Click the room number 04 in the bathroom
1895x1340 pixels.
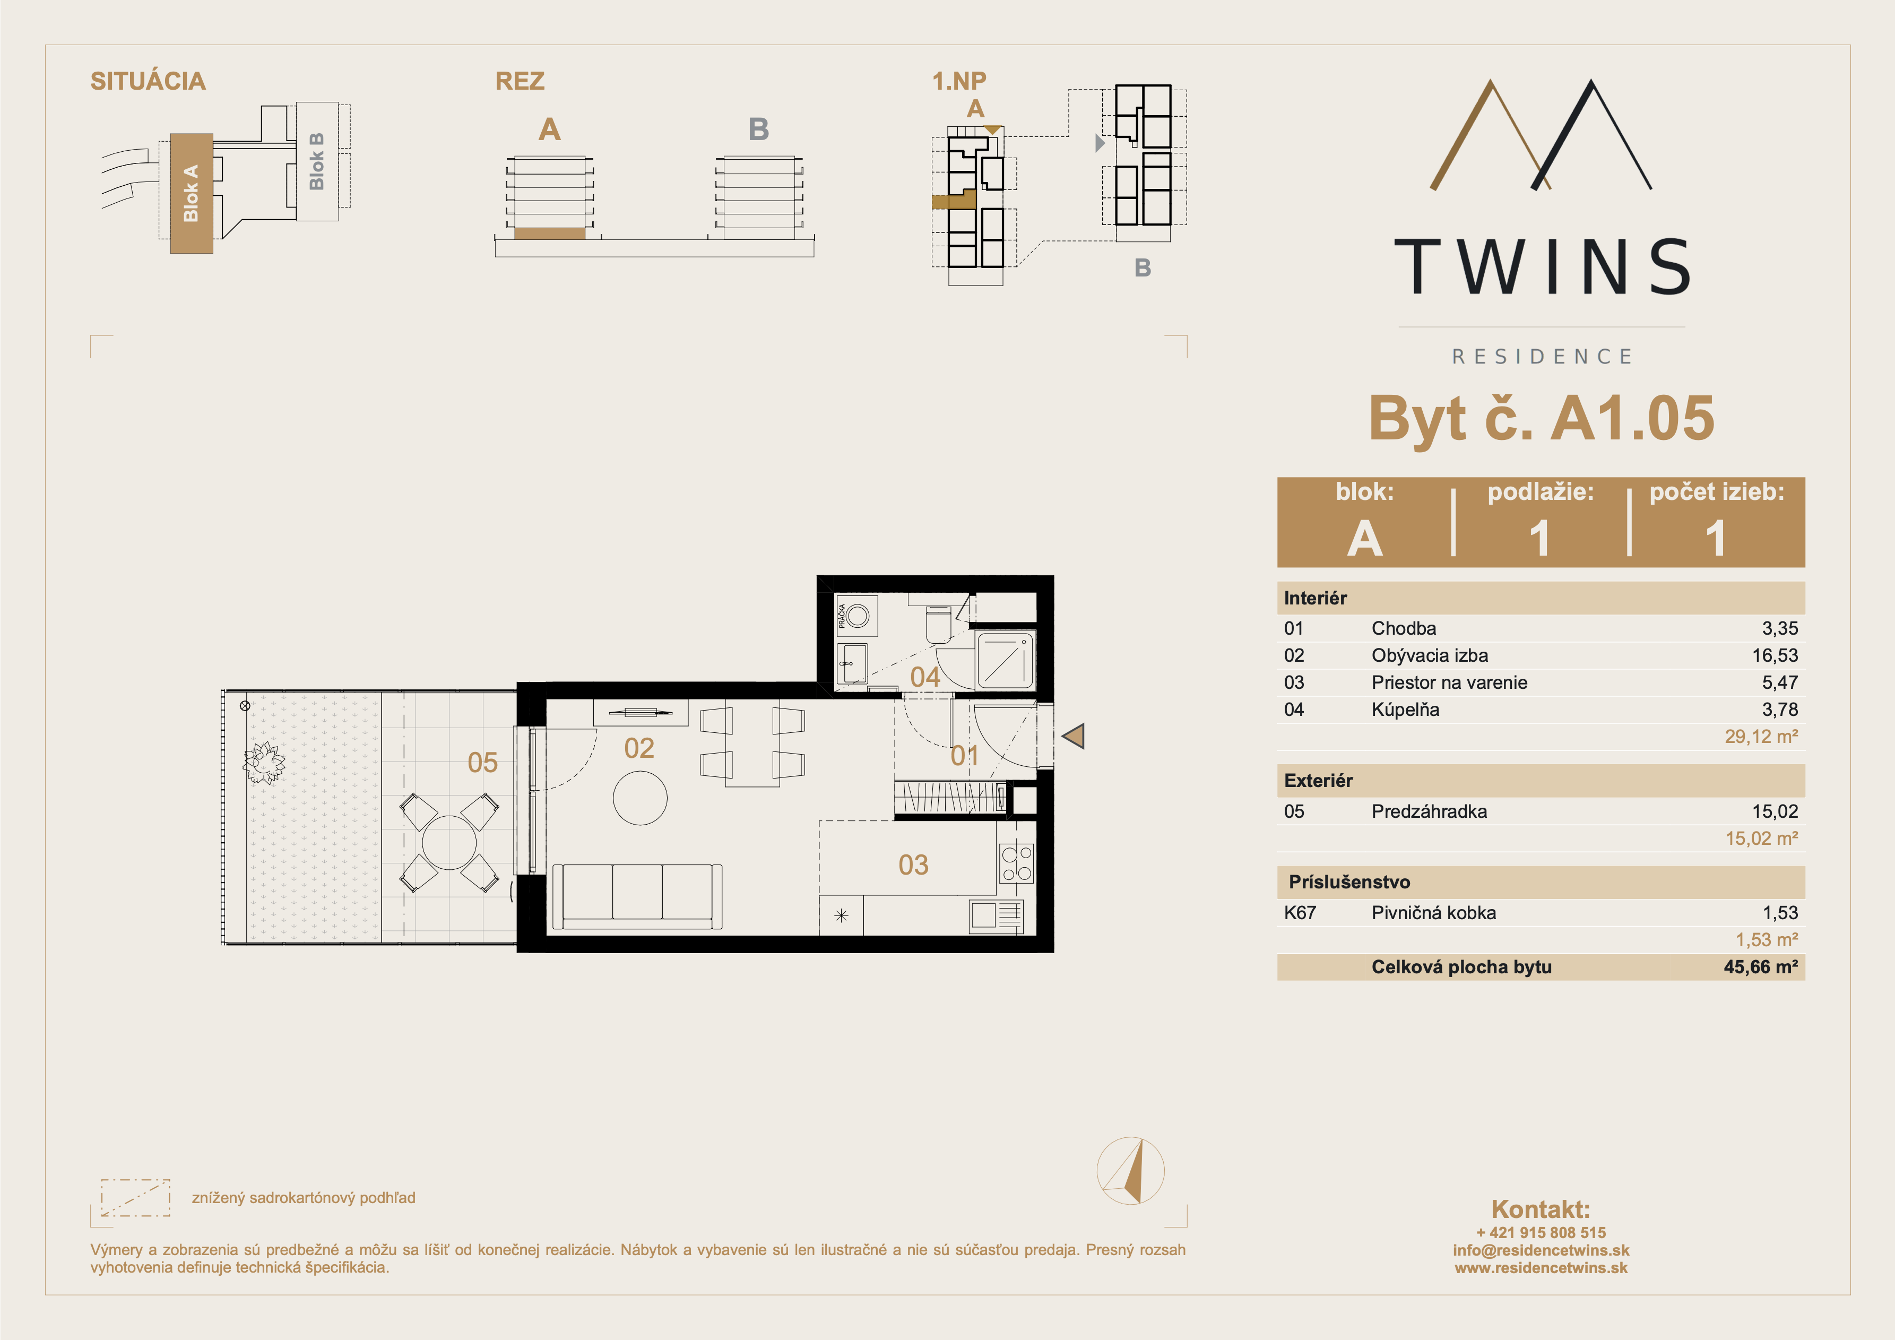click(925, 677)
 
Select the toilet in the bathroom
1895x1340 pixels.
click(938, 624)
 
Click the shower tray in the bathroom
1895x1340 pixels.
click(1005, 661)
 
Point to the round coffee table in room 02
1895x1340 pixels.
click(639, 798)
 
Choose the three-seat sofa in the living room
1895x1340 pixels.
click(636, 897)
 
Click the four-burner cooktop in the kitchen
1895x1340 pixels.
click(1016, 863)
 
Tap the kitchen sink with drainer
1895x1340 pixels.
click(996, 915)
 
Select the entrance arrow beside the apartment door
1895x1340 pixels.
click(1073, 736)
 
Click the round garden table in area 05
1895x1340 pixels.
click(449, 843)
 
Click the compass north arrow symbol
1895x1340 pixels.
click(1131, 1170)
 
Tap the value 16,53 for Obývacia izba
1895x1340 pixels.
click(1775, 655)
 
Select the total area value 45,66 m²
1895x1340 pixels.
click(1760, 967)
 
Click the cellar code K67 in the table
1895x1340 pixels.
click(1300, 912)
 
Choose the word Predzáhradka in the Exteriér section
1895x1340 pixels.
click(1429, 811)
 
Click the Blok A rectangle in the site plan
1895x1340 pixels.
click(192, 193)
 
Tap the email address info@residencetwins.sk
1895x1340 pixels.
click(1541, 1250)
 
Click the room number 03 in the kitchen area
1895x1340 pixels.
click(914, 864)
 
